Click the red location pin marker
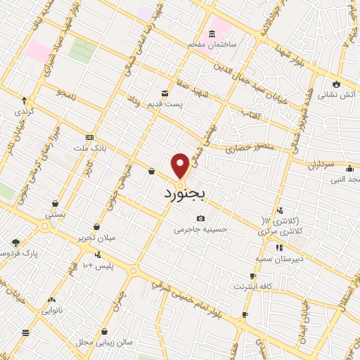pyautogui.click(x=181, y=165)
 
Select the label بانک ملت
pyautogui.click(x=89, y=148)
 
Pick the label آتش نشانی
pyautogui.click(x=338, y=93)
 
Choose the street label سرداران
pyautogui.click(x=319, y=164)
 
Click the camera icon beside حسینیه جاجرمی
pyautogui.click(x=201, y=219)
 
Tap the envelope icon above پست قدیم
pyautogui.click(x=165, y=93)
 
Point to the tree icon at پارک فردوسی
pyautogui.click(x=15, y=243)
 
